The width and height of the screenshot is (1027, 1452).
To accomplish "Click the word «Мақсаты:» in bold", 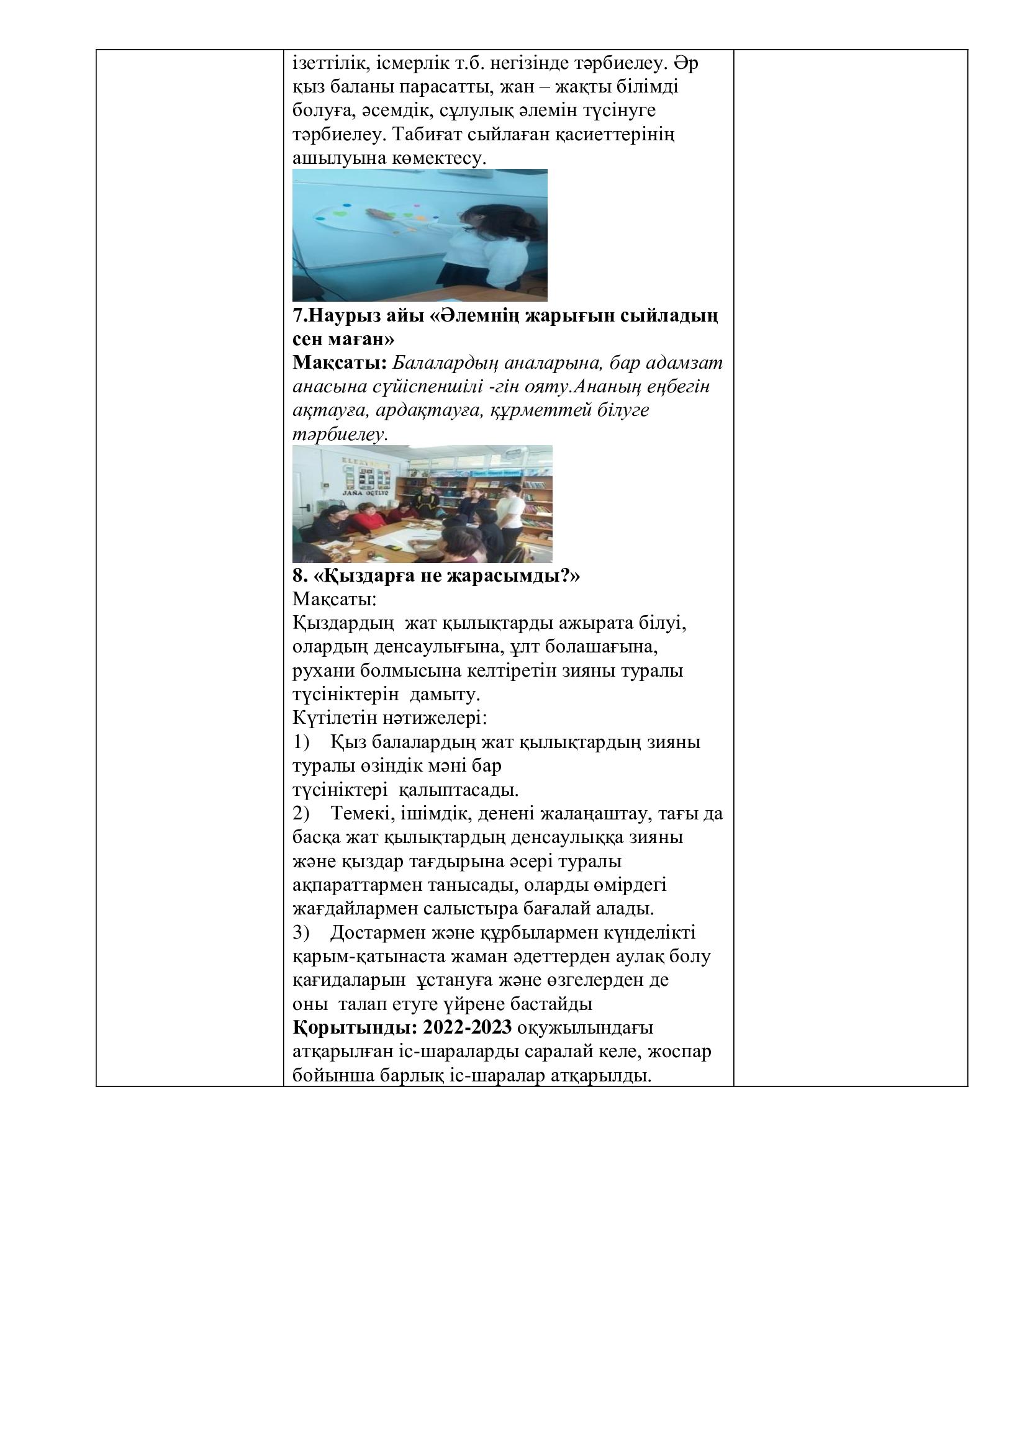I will [339, 363].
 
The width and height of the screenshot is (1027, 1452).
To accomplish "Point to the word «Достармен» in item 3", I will [378, 932].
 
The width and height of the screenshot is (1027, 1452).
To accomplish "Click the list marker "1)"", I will [301, 742].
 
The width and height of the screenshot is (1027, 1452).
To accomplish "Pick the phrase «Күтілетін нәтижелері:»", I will [389, 718].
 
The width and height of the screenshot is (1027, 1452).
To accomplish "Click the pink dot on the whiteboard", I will [418, 204].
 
